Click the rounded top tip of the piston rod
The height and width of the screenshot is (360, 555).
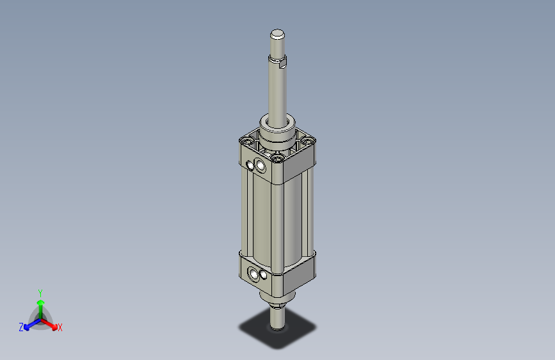point(277,33)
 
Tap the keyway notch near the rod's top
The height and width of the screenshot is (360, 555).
point(283,61)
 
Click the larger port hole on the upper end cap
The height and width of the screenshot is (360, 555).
point(260,167)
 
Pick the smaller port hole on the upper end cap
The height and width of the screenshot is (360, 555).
point(250,165)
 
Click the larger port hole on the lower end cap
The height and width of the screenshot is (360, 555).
point(260,277)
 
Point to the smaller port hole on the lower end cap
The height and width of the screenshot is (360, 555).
point(250,274)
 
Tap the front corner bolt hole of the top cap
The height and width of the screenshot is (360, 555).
point(277,156)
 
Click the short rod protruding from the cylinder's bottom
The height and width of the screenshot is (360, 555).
point(277,317)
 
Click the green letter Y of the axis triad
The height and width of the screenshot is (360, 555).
point(40,292)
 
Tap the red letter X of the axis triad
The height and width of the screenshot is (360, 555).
point(60,328)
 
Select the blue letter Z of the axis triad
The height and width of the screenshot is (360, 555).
point(21,327)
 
